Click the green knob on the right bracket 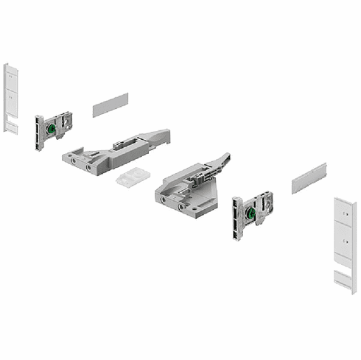[251, 214]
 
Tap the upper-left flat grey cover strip [111, 105]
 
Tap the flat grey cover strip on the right [309, 178]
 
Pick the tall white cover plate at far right [344, 243]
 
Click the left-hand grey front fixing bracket [53, 130]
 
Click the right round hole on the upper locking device [90, 167]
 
